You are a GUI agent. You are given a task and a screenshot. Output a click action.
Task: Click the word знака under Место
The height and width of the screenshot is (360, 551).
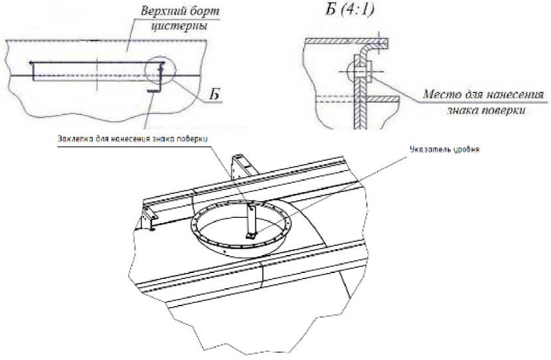pos(465,110)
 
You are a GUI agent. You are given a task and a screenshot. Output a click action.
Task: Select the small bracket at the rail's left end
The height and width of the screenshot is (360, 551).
pos(147,219)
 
